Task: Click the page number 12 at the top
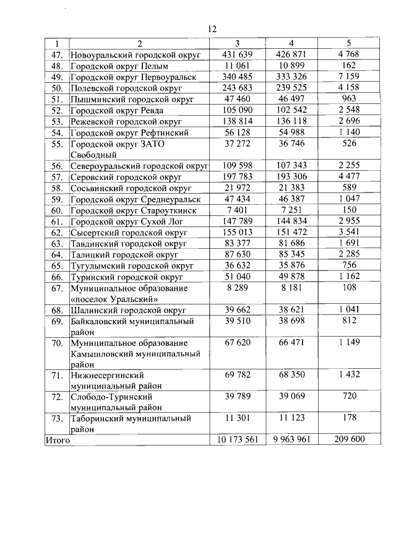coord(212,29)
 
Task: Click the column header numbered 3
coord(237,43)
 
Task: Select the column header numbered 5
coord(349,43)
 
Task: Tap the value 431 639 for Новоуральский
coord(237,54)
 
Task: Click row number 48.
coord(58,66)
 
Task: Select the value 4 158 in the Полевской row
coord(349,88)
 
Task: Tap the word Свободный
coord(92,154)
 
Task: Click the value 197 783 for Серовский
coord(237,177)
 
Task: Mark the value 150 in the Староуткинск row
coord(349,210)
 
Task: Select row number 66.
coord(58,277)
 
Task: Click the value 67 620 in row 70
coord(237,342)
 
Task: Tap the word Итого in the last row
coord(57,441)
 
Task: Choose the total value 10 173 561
coord(237,440)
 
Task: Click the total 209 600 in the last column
coord(349,440)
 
